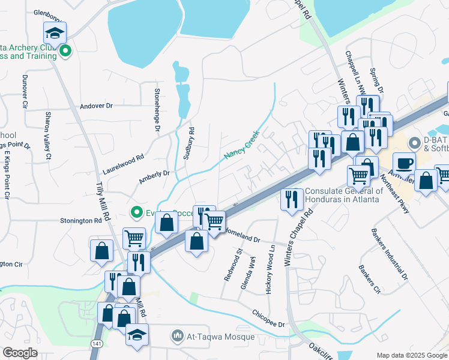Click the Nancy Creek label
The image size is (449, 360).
pos(241,145)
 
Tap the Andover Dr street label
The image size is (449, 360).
pos(96,106)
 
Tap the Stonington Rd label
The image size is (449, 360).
pos(81,221)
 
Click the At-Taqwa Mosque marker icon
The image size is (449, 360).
pos(176,335)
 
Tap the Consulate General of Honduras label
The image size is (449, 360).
pos(342,195)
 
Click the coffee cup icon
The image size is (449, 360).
pos(404,162)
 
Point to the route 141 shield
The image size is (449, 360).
pos(97,343)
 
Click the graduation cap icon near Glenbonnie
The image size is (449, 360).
pos(55,34)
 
